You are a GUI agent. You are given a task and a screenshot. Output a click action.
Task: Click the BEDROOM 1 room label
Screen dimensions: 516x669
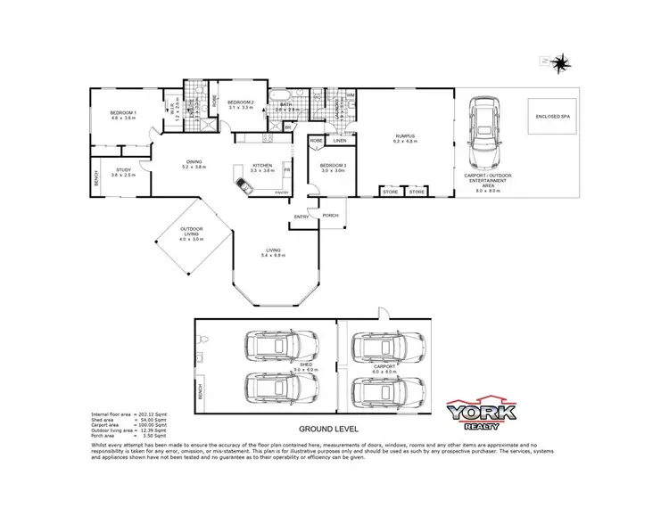coord(122,112)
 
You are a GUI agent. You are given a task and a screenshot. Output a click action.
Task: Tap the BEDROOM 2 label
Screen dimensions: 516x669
coord(240,102)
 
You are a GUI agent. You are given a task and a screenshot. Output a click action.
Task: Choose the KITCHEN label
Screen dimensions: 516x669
coord(262,165)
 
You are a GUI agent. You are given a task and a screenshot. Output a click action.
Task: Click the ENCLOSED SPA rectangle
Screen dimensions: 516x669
coord(551,117)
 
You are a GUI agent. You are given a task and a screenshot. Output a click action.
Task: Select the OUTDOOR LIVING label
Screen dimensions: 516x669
coord(190,232)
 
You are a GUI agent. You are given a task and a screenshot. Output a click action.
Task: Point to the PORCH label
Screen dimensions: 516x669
coord(330,215)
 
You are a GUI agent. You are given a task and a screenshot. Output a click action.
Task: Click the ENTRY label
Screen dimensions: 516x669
coord(301,217)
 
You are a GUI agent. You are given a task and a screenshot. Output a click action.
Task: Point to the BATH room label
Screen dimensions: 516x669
coord(286,105)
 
